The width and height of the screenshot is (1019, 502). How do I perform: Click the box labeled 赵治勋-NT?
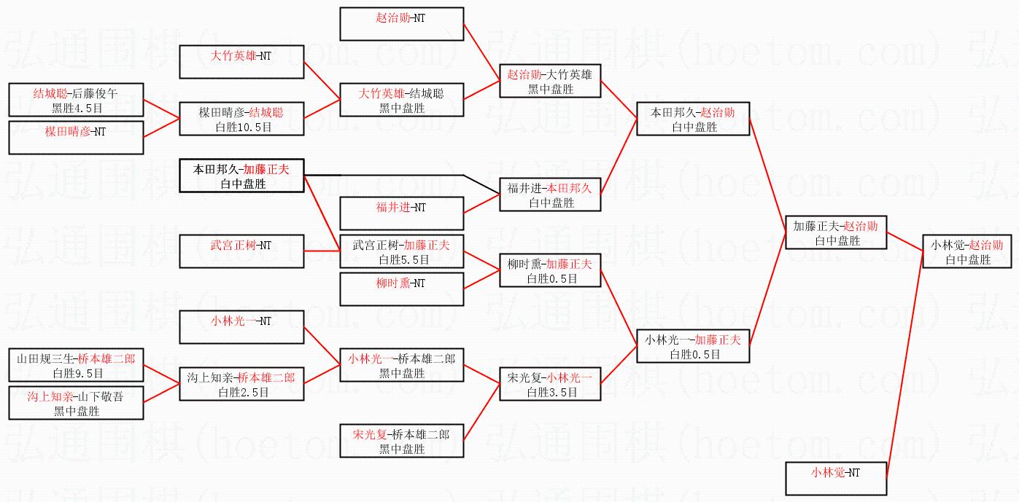(x=401, y=24)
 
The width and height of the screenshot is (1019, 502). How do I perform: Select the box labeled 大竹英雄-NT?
(x=241, y=62)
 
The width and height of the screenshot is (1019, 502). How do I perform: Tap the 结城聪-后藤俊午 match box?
(x=76, y=100)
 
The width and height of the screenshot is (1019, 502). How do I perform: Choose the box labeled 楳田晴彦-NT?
(x=76, y=138)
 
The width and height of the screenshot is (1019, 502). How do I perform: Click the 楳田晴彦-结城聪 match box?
(x=241, y=118)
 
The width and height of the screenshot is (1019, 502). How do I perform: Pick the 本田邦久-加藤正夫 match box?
(x=241, y=176)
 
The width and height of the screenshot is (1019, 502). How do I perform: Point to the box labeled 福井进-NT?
(x=401, y=213)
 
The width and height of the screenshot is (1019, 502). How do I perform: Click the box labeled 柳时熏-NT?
(x=401, y=289)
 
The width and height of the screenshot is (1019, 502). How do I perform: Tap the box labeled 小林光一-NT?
(x=241, y=327)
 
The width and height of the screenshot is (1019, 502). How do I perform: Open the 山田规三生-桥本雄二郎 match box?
(x=76, y=365)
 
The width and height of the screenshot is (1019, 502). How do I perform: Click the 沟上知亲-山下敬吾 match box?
(x=76, y=403)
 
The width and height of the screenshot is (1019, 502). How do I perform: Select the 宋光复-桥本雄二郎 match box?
(x=401, y=442)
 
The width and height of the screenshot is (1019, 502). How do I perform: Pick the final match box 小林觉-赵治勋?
(x=967, y=251)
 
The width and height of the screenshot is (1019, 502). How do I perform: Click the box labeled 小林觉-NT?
(x=836, y=479)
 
